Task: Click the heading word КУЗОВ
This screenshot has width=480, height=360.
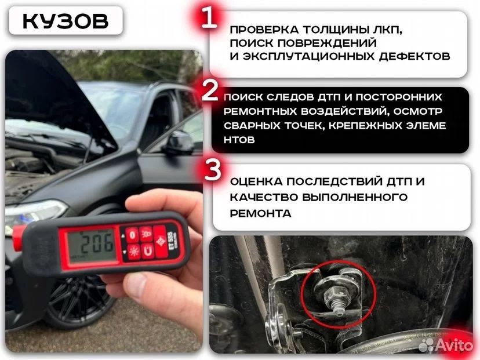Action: click(x=66, y=21)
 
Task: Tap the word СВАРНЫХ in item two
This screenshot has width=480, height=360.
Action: click(x=252, y=126)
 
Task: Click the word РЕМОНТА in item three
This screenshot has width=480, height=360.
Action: click(x=260, y=213)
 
